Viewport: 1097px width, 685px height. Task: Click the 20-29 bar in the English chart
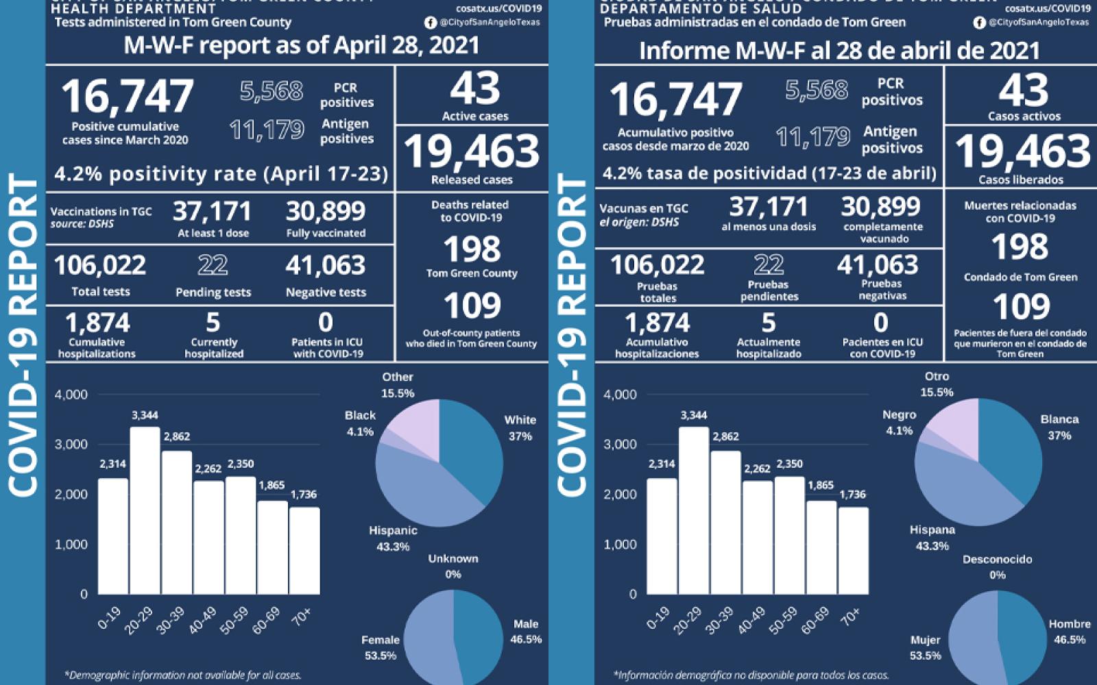coord(145,510)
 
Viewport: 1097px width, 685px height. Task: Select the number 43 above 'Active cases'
coord(474,89)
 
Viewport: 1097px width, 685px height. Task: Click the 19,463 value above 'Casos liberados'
coord(1022,151)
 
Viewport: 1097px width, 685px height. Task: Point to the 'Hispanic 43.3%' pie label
coord(393,538)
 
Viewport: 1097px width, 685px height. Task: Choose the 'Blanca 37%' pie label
coord(1059,427)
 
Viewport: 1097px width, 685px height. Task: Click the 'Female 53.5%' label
coord(381,647)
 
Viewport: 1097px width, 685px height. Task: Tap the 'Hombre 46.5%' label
coord(1070,632)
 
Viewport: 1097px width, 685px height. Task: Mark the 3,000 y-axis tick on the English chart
coord(71,444)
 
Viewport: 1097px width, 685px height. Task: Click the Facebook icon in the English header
coord(431,23)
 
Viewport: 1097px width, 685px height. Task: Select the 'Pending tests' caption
coord(213,292)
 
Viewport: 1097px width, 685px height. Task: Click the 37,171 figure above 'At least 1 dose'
coord(212,212)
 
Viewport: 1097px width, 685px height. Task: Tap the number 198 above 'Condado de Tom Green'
coord(1020,247)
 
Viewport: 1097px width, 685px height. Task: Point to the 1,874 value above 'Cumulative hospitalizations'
coord(97,323)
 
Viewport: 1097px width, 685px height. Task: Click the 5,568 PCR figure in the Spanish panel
coord(817,90)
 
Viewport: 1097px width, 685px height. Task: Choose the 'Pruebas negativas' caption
coord(882,290)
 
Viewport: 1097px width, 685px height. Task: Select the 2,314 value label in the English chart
coord(112,464)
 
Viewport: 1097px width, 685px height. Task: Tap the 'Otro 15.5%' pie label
coord(937,384)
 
